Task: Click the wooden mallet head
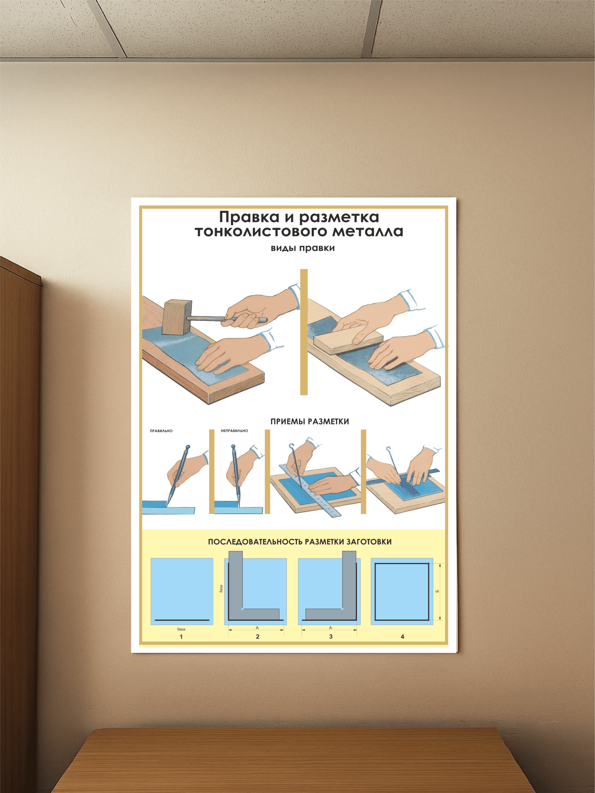click(178, 318)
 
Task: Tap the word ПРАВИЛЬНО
click(161, 431)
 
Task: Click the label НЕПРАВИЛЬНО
click(234, 431)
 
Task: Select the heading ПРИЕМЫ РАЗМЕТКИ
click(310, 422)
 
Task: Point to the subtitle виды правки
click(303, 248)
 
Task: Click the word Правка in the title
click(249, 217)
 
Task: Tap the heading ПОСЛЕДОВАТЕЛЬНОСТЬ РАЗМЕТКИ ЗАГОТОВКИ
click(300, 542)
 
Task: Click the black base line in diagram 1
click(182, 620)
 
